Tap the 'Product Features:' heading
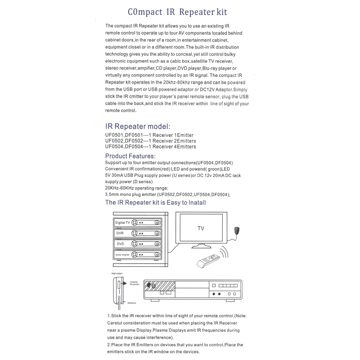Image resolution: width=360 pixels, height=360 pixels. coord(130,156)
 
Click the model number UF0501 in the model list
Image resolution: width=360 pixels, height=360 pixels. coord(114,135)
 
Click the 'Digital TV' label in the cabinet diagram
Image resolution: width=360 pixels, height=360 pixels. coord(122,223)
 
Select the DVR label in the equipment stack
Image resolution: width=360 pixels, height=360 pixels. coord(120,234)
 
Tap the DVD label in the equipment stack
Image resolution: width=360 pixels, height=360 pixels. coord(120,244)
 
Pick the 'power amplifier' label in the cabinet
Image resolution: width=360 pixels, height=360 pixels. coord(122,255)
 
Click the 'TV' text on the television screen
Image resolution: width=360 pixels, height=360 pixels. coord(201,229)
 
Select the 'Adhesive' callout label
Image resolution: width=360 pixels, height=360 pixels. coord(131,303)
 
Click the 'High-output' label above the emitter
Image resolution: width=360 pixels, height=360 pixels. coord(117,273)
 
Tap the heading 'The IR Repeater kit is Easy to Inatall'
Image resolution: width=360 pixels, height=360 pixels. coord(155,202)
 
